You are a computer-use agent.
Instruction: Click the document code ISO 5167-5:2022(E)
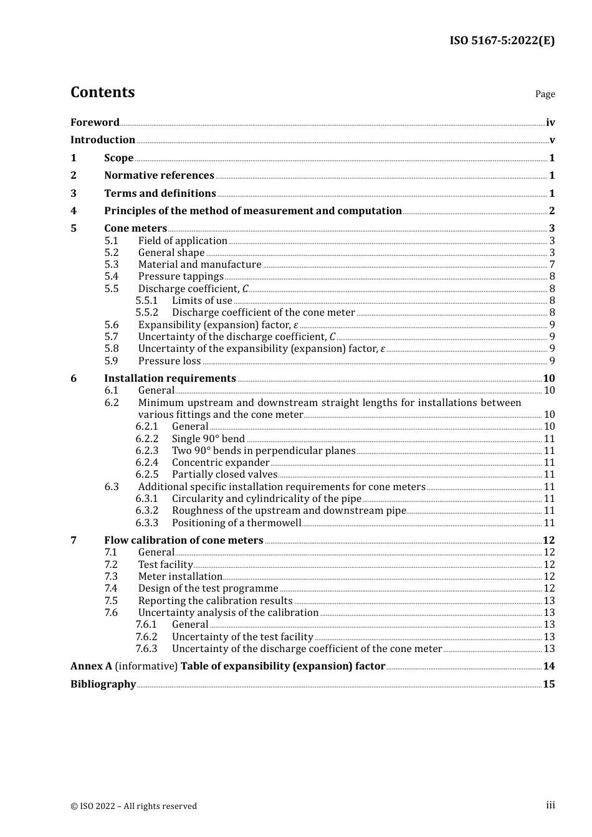[x=502, y=40]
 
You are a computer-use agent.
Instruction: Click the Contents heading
[x=102, y=92]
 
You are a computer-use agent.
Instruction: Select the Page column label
[x=545, y=94]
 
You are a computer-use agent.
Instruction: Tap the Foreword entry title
[x=95, y=123]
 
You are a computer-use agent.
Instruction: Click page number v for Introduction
[x=551, y=140]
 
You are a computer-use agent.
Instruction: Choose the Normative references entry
[x=159, y=176]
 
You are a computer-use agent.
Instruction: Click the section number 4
[x=74, y=211]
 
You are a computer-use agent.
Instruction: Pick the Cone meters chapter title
[x=135, y=229]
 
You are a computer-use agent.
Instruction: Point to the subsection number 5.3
[x=111, y=265]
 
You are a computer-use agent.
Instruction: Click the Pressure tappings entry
[x=181, y=277]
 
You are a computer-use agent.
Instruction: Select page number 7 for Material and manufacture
[x=551, y=265]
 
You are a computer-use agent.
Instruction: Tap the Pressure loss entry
[x=169, y=361]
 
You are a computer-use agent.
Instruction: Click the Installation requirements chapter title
[x=169, y=379]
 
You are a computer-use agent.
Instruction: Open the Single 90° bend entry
[x=208, y=439]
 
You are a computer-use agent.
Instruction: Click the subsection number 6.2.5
[x=147, y=475]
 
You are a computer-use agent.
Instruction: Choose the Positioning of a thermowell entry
[x=236, y=523]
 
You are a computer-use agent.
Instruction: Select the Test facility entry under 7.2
[x=165, y=565]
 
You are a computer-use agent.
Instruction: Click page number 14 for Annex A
[x=548, y=666]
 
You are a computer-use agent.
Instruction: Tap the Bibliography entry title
[x=103, y=684]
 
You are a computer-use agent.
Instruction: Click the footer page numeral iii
[x=550, y=805]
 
